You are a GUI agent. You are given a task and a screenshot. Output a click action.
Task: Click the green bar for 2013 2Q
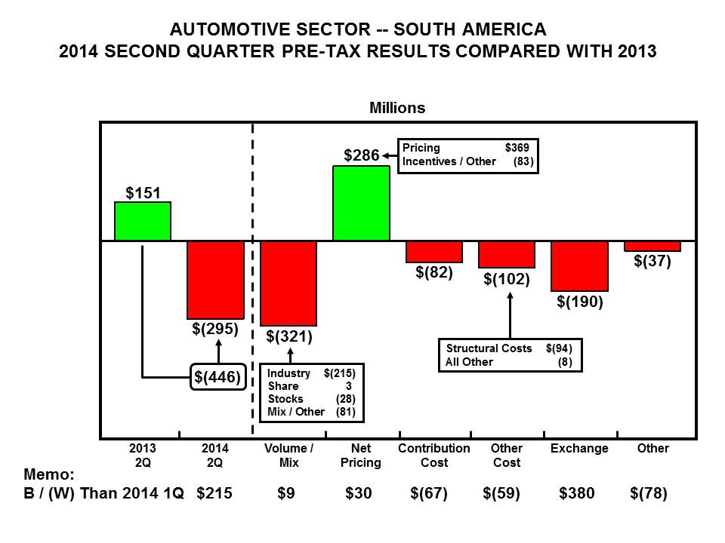click(143, 221)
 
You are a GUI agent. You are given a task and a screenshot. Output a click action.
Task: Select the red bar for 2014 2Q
click(215, 280)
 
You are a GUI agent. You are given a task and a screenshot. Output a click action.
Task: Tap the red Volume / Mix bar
click(288, 283)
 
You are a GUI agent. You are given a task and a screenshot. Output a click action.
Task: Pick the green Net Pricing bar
click(361, 203)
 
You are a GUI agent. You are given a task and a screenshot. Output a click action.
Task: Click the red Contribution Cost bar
click(433, 252)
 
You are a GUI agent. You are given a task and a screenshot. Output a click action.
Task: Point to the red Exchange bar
click(579, 265)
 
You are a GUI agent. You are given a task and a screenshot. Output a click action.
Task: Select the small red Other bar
click(652, 247)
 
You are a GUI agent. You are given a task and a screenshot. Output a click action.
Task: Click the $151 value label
click(142, 193)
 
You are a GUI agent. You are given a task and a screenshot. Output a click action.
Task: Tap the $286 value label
click(360, 156)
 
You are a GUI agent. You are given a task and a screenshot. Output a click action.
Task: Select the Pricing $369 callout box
click(467, 155)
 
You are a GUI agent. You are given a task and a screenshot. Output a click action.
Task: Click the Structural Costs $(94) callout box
click(509, 355)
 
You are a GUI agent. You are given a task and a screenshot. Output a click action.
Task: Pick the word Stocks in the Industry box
click(285, 398)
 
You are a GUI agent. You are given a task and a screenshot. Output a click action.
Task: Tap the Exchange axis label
click(579, 449)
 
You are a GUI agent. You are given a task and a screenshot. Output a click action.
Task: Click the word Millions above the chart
click(397, 108)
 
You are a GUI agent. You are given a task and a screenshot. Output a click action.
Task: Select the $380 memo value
click(577, 494)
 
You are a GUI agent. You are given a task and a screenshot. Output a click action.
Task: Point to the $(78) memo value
click(649, 494)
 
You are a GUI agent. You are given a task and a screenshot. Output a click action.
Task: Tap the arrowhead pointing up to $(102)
click(510, 295)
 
